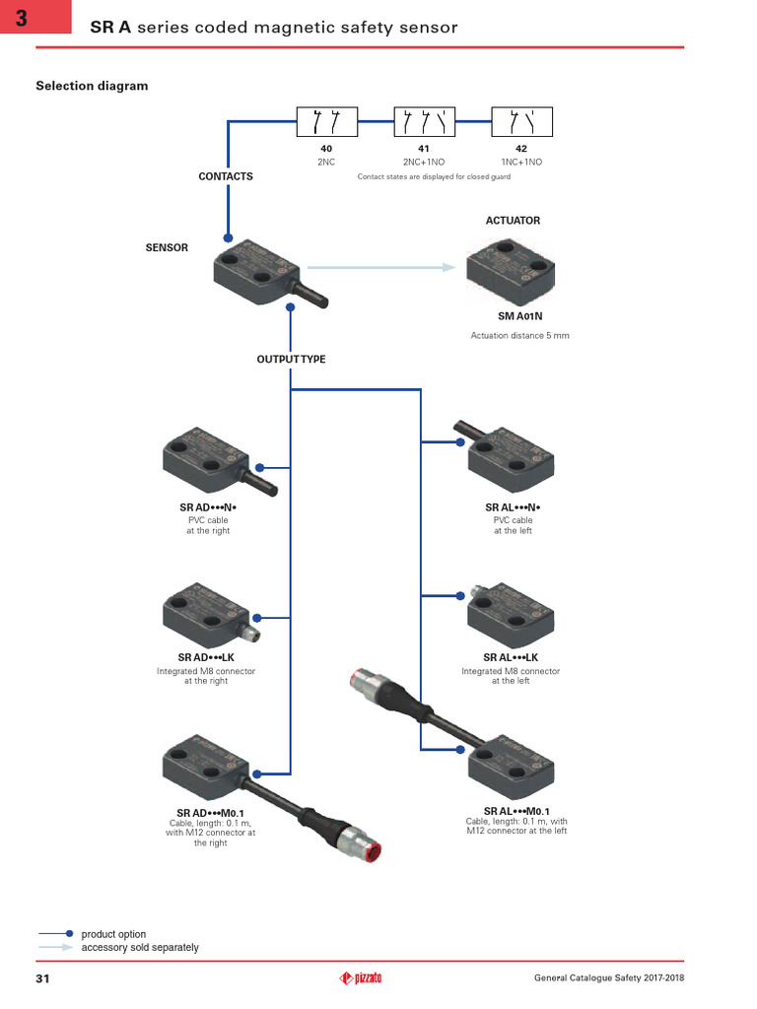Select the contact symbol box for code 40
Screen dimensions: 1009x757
pos(326,122)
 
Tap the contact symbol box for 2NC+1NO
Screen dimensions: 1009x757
pos(424,122)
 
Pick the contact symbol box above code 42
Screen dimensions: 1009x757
pos(521,122)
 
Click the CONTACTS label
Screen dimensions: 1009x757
pos(226,176)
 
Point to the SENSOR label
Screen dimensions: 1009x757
pos(167,247)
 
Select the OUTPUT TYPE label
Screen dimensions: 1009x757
pos(291,360)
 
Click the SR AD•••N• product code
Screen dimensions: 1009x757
pos(208,507)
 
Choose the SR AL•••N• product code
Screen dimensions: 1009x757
pos(513,507)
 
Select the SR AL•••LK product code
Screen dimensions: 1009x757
pos(511,657)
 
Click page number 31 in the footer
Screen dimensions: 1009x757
pos(43,977)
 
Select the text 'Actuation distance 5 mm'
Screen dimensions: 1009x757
pos(519,336)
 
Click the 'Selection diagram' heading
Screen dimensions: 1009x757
pos(92,86)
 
